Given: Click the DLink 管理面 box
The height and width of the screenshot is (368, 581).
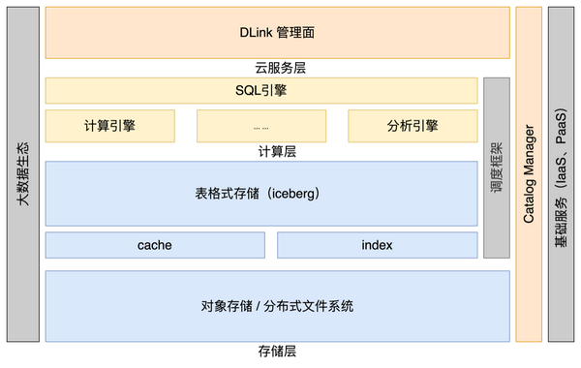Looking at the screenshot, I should pyautogui.click(x=277, y=33).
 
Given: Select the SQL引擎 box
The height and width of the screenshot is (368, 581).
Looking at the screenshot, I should pyautogui.click(x=262, y=91).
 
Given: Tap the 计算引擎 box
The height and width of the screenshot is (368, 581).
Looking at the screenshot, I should pyautogui.click(x=109, y=125).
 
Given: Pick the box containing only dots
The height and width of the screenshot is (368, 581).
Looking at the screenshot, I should pyautogui.click(x=260, y=125).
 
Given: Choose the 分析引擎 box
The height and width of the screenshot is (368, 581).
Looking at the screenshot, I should pyautogui.click(x=412, y=125).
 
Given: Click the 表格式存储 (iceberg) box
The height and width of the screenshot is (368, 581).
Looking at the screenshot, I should pyautogui.click(x=262, y=193).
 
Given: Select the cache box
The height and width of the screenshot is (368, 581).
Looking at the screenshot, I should pyautogui.click(x=154, y=245).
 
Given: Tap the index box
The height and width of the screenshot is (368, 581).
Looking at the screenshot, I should pyautogui.click(x=377, y=245).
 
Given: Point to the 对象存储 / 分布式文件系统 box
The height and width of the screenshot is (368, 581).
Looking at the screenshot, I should pyautogui.click(x=277, y=306).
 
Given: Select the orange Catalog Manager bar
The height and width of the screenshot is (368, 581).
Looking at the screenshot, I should pyautogui.click(x=529, y=174).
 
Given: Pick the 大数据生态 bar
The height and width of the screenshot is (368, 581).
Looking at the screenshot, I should pyautogui.click(x=21, y=174).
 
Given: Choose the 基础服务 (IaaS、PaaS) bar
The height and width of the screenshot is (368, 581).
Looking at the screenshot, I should pyautogui.click(x=561, y=174).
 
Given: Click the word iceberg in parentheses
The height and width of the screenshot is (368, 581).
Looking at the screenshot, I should pyautogui.click(x=291, y=193).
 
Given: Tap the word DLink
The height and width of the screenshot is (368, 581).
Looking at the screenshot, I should pyautogui.click(x=255, y=33).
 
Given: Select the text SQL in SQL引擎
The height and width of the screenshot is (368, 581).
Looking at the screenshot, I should pyautogui.click(x=247, y=91).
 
